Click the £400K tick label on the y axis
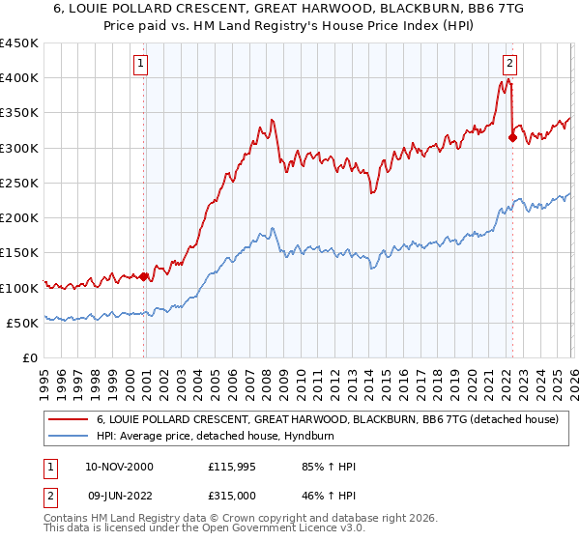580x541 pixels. tap(19, 78)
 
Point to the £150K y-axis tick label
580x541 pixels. tap(19, 253)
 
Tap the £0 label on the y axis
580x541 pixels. tap(29, 358)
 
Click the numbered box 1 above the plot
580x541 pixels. tap(141, 65)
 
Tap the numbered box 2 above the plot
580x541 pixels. tap(509, 65)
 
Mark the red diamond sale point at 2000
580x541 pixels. tap(144, 277)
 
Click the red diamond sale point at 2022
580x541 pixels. tap(512, 137)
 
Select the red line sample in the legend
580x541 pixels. tap(70, 420)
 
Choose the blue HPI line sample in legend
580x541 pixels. tap(70, 438)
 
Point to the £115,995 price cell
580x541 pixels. tap(231, 467)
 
